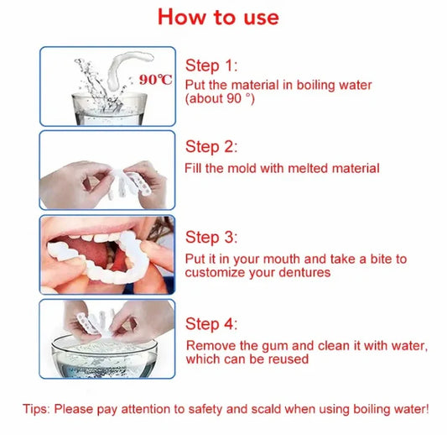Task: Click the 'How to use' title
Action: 218,16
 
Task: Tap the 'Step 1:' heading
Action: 212,65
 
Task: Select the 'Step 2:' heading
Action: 212,147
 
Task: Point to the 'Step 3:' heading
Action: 212,238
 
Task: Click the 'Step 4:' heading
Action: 212,324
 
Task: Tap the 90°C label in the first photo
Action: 156,80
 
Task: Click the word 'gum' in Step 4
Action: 265,345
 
